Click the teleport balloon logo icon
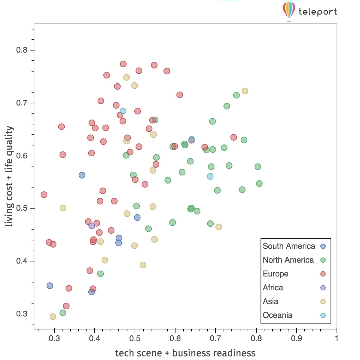pos(289,10)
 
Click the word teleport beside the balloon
pos(318,12)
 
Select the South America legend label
pos(289,246)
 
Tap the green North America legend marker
pos(323,260)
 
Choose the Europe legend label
pos(276,274)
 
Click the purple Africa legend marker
pos(323,288)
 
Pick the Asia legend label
pos(270,301)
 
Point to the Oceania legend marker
pos(323,316)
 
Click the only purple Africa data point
pos(92,226)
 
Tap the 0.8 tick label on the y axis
pos(22,50)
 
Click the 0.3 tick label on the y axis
pos(22,314)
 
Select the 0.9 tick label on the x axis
pos(296,339)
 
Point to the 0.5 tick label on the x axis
pos(135,339)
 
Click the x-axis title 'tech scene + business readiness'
pos(185,353)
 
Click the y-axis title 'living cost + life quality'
pos(9,176)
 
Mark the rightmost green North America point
pos(259,184)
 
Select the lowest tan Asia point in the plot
pos(53,317)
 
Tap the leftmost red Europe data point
pos(44,195)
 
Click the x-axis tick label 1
pos(336,339)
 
